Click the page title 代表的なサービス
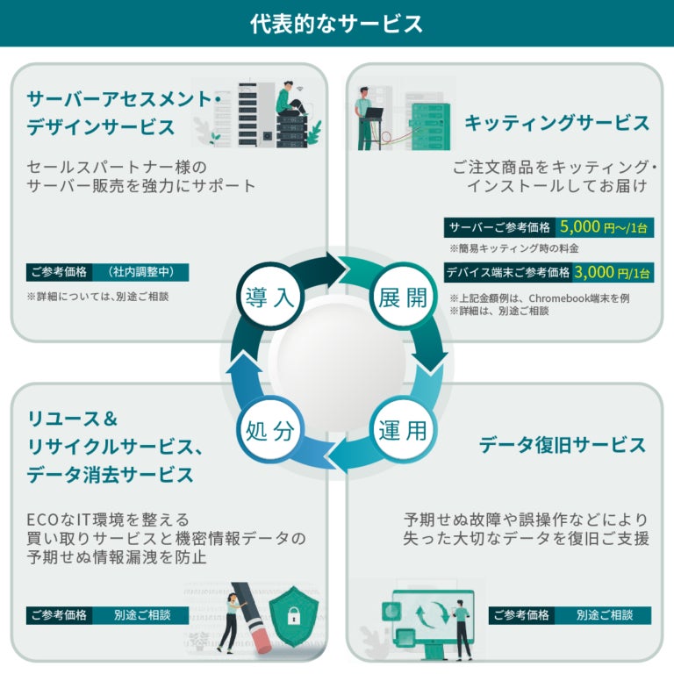(336, 23)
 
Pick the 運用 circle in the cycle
(404, 431)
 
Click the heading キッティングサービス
(556, 123)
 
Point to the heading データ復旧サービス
(562, 445)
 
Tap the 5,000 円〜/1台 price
(605, 227)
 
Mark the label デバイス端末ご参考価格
(508, 273)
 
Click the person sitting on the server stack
(288, 98)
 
